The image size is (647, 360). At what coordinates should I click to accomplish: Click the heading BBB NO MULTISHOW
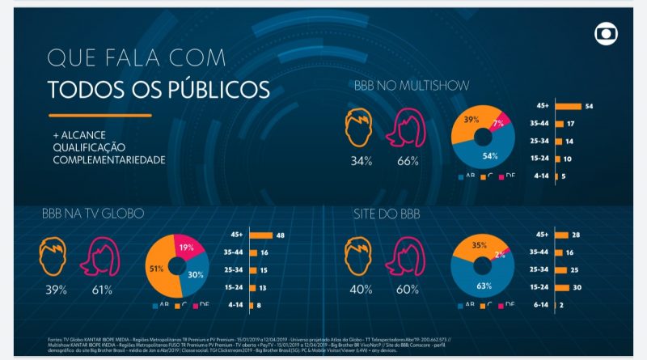click(412, 85)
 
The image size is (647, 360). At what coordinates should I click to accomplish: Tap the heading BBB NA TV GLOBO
click(92, 214)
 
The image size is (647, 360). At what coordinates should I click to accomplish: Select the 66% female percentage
click(408, 161)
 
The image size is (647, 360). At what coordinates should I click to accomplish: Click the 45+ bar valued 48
click(260, 235)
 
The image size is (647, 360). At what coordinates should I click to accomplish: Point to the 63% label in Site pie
click(485, 284)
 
